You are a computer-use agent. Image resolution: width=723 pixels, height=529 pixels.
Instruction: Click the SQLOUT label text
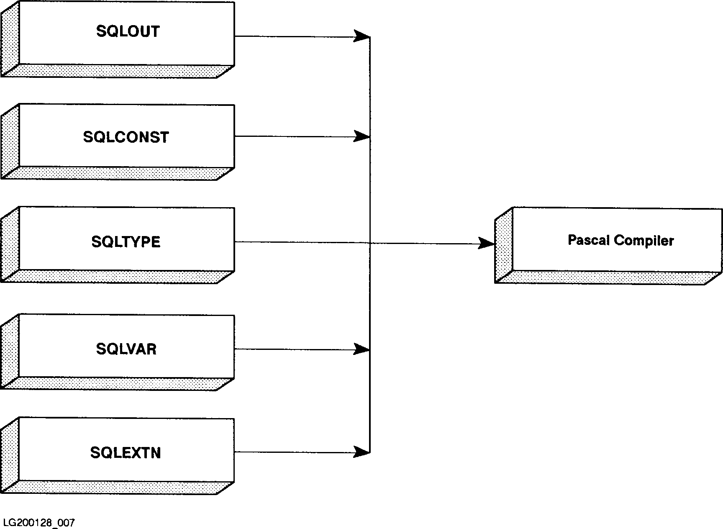coord(128,31)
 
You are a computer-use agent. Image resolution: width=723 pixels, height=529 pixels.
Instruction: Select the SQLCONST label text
coord(126,137)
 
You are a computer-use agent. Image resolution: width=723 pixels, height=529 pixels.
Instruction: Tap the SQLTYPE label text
coord(126,242)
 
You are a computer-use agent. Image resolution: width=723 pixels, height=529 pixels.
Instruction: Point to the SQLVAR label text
coord(126,349)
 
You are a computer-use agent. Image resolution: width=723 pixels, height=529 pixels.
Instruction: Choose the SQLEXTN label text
coord(126,453)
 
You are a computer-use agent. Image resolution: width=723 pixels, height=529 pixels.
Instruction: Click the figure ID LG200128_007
coord(38,523)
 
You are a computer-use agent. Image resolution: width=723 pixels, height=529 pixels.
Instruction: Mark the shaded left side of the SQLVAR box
coord(10,352)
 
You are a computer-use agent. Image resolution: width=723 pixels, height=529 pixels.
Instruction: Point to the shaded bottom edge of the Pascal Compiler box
coord(607,277)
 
